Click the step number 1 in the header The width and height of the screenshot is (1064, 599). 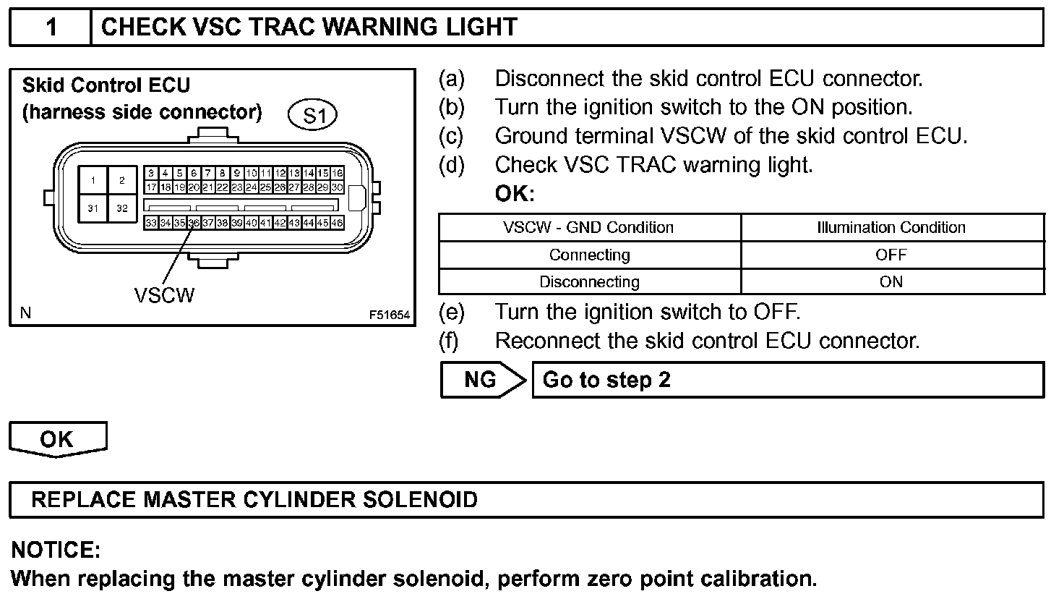(x=51, y=27)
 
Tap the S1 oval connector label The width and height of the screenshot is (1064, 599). (x=312, y=115)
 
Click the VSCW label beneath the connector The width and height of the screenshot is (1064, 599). (x=164, y=295)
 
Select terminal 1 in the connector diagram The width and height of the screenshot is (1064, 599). (x=93, y=181)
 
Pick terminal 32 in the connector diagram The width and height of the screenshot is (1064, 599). (x=122, y=208)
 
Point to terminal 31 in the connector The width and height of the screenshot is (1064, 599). (x=93, y=208)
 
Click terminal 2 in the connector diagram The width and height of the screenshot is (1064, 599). (x=122, y=181)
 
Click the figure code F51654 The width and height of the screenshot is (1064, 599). (x=389, y=315)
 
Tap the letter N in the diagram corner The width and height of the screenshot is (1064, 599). (x=26, y=313)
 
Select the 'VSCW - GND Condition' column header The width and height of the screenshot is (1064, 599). (x=588, y=227)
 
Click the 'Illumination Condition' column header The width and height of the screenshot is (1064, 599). (x=891, y=227)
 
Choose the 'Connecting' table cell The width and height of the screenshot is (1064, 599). (x=589, y=255)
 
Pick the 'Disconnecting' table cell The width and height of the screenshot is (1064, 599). (x=589, y=281)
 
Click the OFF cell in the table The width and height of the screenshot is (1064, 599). (x=891, y=255)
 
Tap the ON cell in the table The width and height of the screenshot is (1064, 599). (x=891, y=281)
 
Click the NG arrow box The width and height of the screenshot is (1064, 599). (x=481, y=380)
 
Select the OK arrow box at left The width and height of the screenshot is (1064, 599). (x=57, y=439)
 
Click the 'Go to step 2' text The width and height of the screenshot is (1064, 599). (x=606, y=380)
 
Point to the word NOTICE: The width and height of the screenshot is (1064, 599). (x=56, y=551)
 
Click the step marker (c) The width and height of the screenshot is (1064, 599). (x=452, y=136)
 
